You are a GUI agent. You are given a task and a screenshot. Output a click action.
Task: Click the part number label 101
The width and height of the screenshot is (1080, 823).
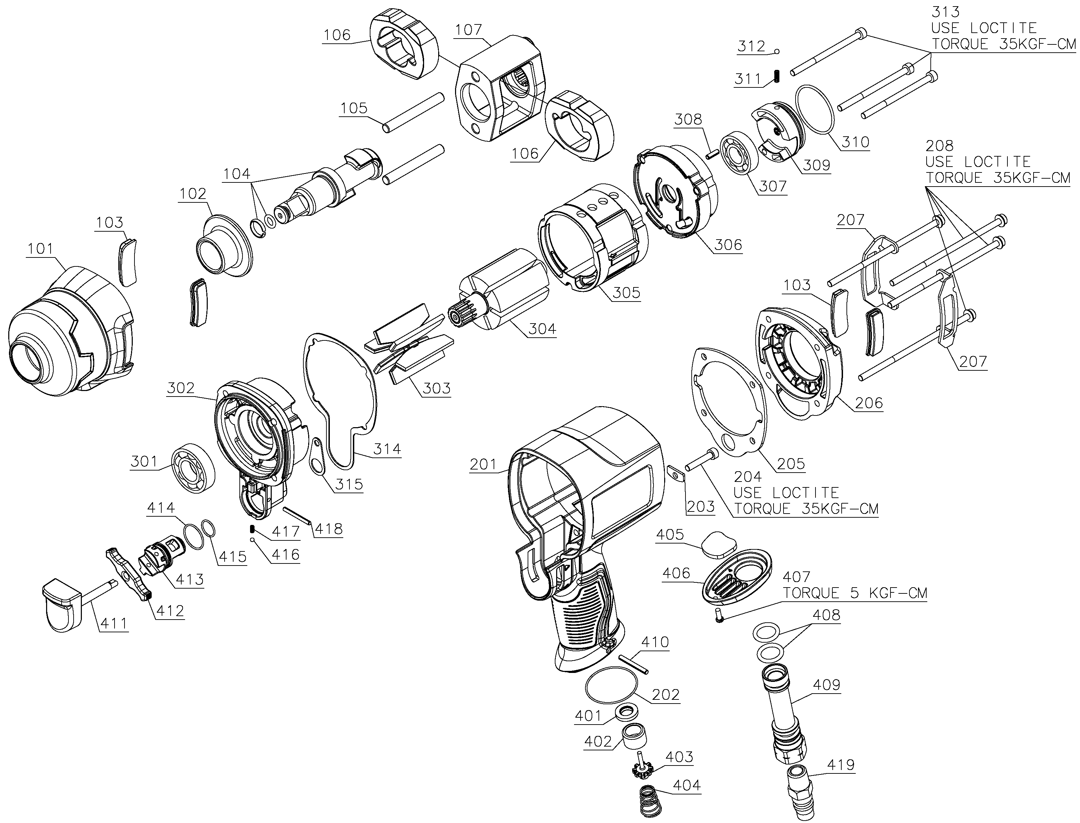40,249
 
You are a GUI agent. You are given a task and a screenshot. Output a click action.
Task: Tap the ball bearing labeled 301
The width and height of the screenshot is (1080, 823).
193,467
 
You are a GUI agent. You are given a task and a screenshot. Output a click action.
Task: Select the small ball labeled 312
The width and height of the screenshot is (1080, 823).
776,51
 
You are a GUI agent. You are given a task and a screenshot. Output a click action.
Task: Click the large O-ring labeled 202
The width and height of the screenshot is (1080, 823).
613,688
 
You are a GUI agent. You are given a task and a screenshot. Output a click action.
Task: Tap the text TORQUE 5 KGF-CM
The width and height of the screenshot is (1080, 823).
855,593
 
